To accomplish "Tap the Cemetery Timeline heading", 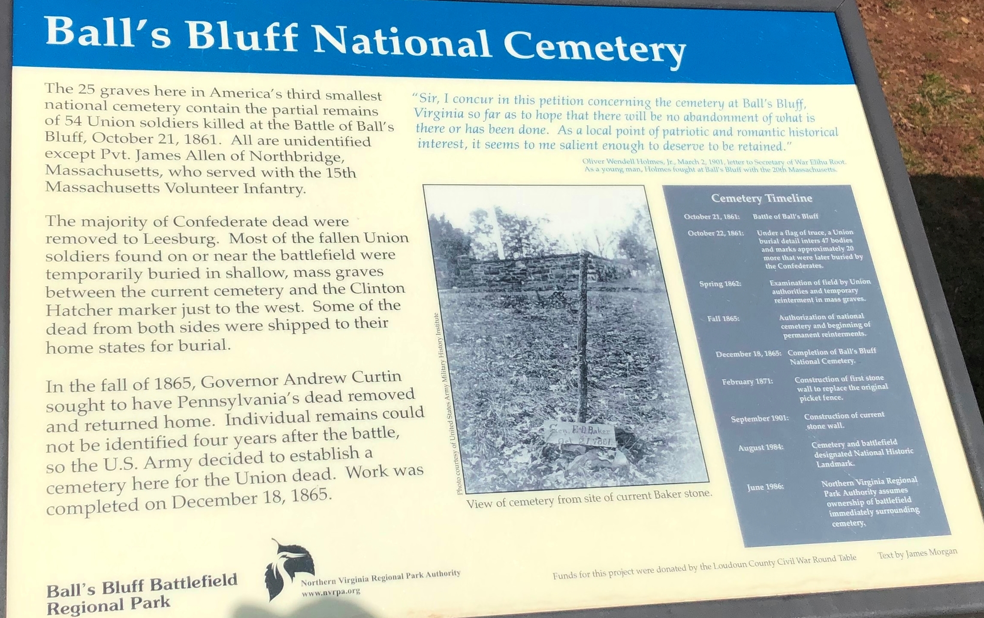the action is [761, 198].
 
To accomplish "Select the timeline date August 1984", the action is [761, 447].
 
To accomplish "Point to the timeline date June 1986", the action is [765, 487].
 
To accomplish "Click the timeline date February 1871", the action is [747, 381].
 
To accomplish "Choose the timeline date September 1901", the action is [760, 418].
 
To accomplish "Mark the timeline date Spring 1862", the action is [720, 284].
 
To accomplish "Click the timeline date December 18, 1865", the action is [748, 354].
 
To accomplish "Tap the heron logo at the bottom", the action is [288, 568].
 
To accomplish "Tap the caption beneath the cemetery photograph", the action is [589, 499].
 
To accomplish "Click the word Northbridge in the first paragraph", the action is [297, 157].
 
